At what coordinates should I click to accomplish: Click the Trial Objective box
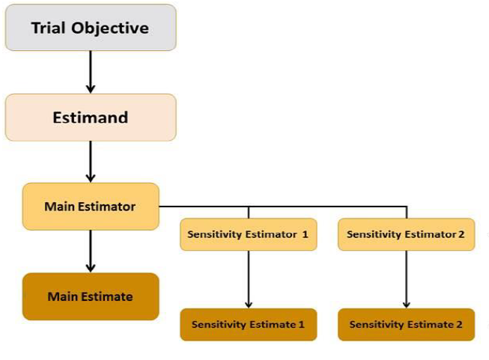tap(90, 28)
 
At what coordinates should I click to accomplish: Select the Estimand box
tap(90, 118)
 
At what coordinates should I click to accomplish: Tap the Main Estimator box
tap(90, 206)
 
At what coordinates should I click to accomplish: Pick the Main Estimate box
tap(90, 296)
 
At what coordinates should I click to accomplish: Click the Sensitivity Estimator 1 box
tap(248, 234)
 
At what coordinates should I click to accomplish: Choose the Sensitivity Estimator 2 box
tap(406, 234)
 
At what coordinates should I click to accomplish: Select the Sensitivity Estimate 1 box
tap(248, 325)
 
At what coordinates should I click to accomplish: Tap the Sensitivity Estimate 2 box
tap(406, 325)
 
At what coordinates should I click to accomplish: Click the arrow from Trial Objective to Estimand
tap(91, 72)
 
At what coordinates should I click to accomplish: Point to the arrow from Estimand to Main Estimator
tap(91, 161)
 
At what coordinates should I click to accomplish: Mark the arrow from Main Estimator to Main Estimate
tap(91, 251)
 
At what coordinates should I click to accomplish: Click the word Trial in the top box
tap(49, 28)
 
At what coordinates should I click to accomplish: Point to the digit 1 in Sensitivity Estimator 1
tap(306, 234)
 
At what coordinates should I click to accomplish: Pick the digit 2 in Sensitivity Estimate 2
tap(459, 325)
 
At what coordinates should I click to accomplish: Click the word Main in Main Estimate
tap(62, 296)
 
